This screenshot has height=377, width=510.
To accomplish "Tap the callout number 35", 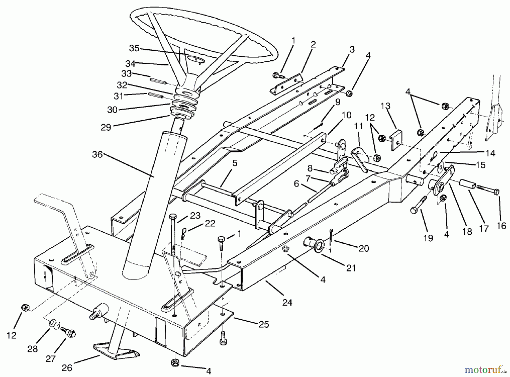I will tap(134, 48).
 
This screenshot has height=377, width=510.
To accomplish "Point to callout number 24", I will tap(287, 303).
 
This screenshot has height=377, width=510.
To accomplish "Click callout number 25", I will tap(263, 324).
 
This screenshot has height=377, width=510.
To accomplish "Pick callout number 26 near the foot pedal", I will tap(67, 368).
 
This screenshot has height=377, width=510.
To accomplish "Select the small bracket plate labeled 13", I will tap(396, 141).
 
